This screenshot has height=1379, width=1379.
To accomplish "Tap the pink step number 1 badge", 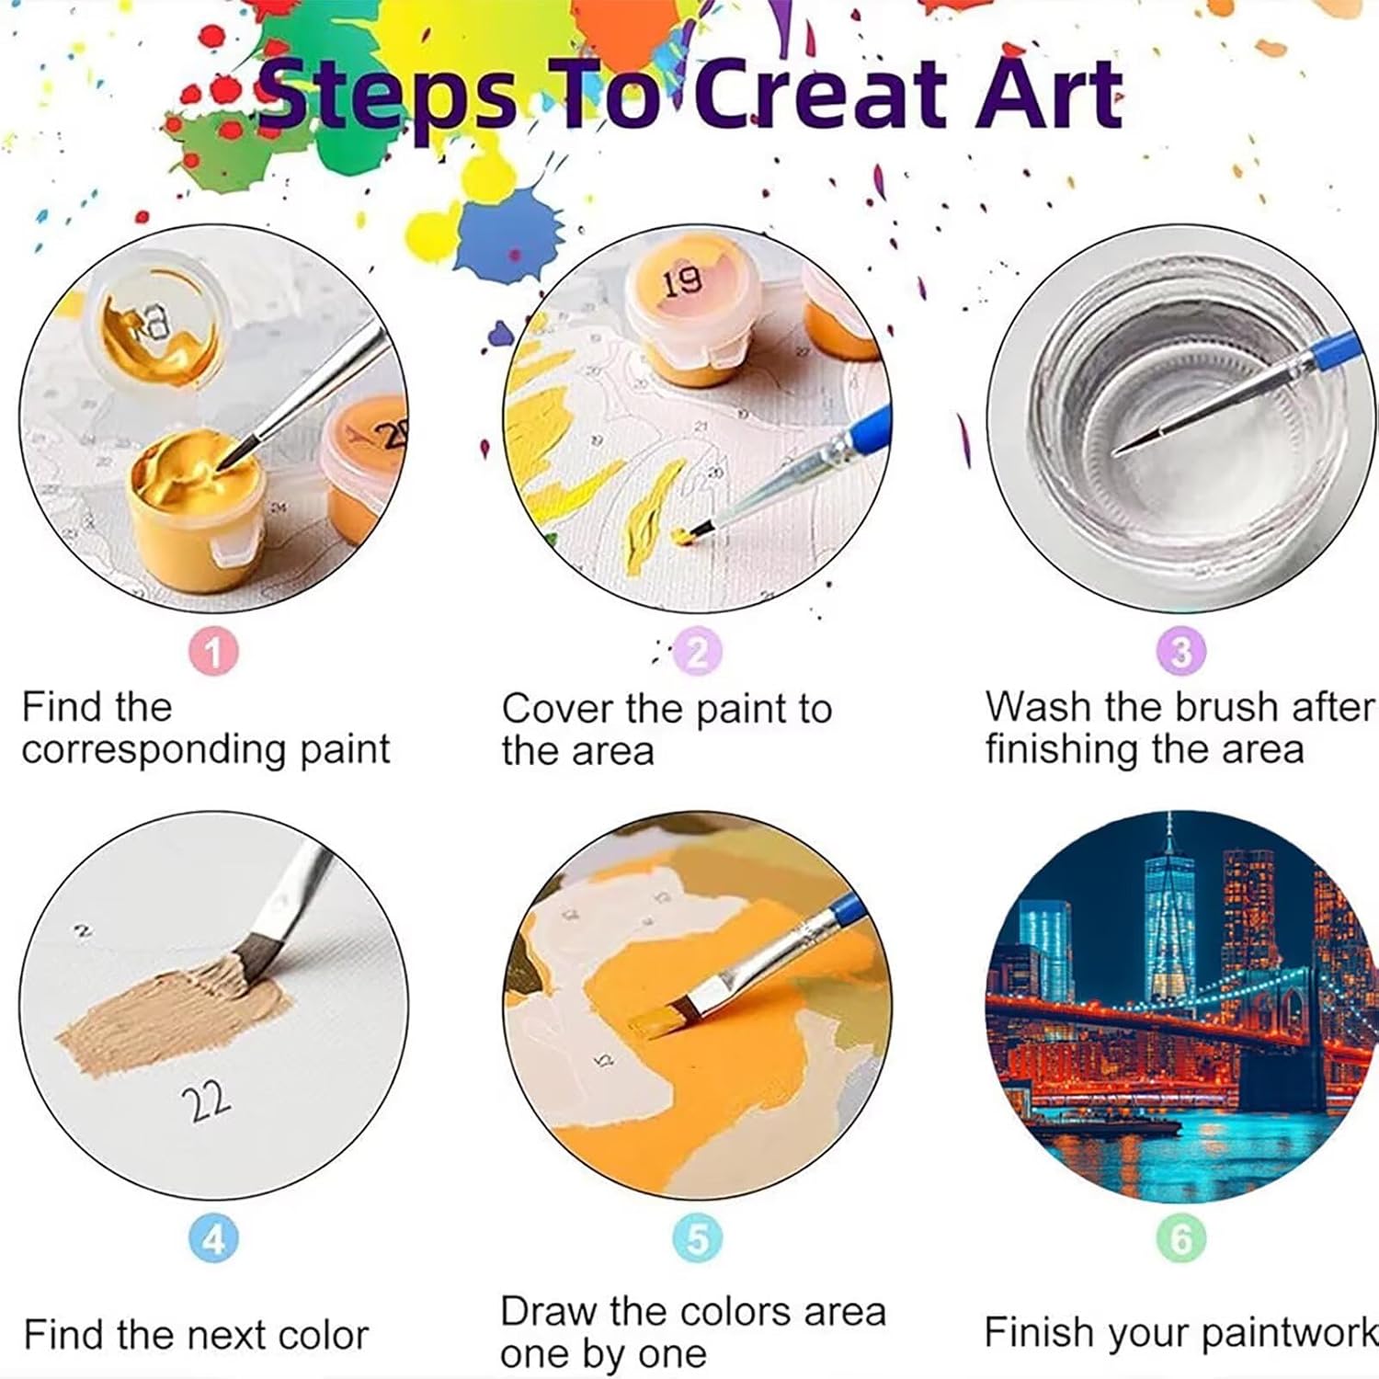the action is (213, 652).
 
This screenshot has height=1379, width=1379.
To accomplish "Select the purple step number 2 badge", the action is (698, 652).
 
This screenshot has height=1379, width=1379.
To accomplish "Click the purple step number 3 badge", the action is (1181, 652).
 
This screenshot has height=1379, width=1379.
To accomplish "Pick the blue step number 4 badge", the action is (213, 1238).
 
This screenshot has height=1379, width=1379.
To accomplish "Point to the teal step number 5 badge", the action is (698, 1238).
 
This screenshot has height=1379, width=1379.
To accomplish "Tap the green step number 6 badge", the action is (1181, 1238).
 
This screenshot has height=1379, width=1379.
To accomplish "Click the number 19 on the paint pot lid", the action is (681, 280).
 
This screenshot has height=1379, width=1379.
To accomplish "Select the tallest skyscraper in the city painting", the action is (1169, 919).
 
